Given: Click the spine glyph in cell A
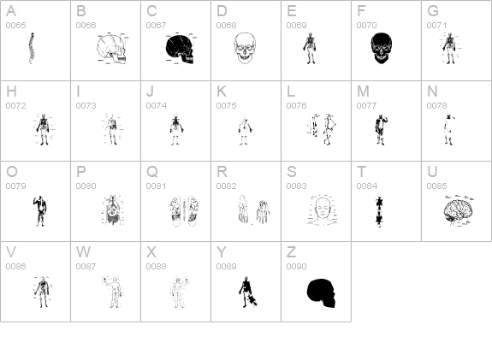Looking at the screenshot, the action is click(x=32, y=48).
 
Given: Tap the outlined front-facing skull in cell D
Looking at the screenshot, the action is click(x=245, y=48).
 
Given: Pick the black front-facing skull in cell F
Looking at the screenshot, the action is click(x=381, y=48).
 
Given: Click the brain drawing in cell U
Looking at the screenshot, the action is click(x=458, y=210).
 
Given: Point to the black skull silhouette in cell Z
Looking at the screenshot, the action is click(x=321, y=293).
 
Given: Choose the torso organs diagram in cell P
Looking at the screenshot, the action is click(x=113, y=210).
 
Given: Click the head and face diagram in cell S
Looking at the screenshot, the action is click(x=323, y=210).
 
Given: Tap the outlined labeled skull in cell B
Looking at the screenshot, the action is click(x=113, y=48).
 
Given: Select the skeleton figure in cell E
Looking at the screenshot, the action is click(x=311, y=48).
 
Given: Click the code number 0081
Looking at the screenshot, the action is click(x=156, y=186).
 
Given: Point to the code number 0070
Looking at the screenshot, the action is click(x=366, y=25).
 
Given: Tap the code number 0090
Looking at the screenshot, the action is click(x=297, y=266).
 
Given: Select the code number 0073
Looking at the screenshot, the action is click(x=86, y=106).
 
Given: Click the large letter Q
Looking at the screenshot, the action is click(x=152, y=172).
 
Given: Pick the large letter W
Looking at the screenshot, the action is click(x=83, y=252).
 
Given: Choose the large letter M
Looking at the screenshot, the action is click(x=363, y=91).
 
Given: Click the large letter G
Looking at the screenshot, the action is click(x=433, y=11).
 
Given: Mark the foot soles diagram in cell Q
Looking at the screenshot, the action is click(x=185, y=210).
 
